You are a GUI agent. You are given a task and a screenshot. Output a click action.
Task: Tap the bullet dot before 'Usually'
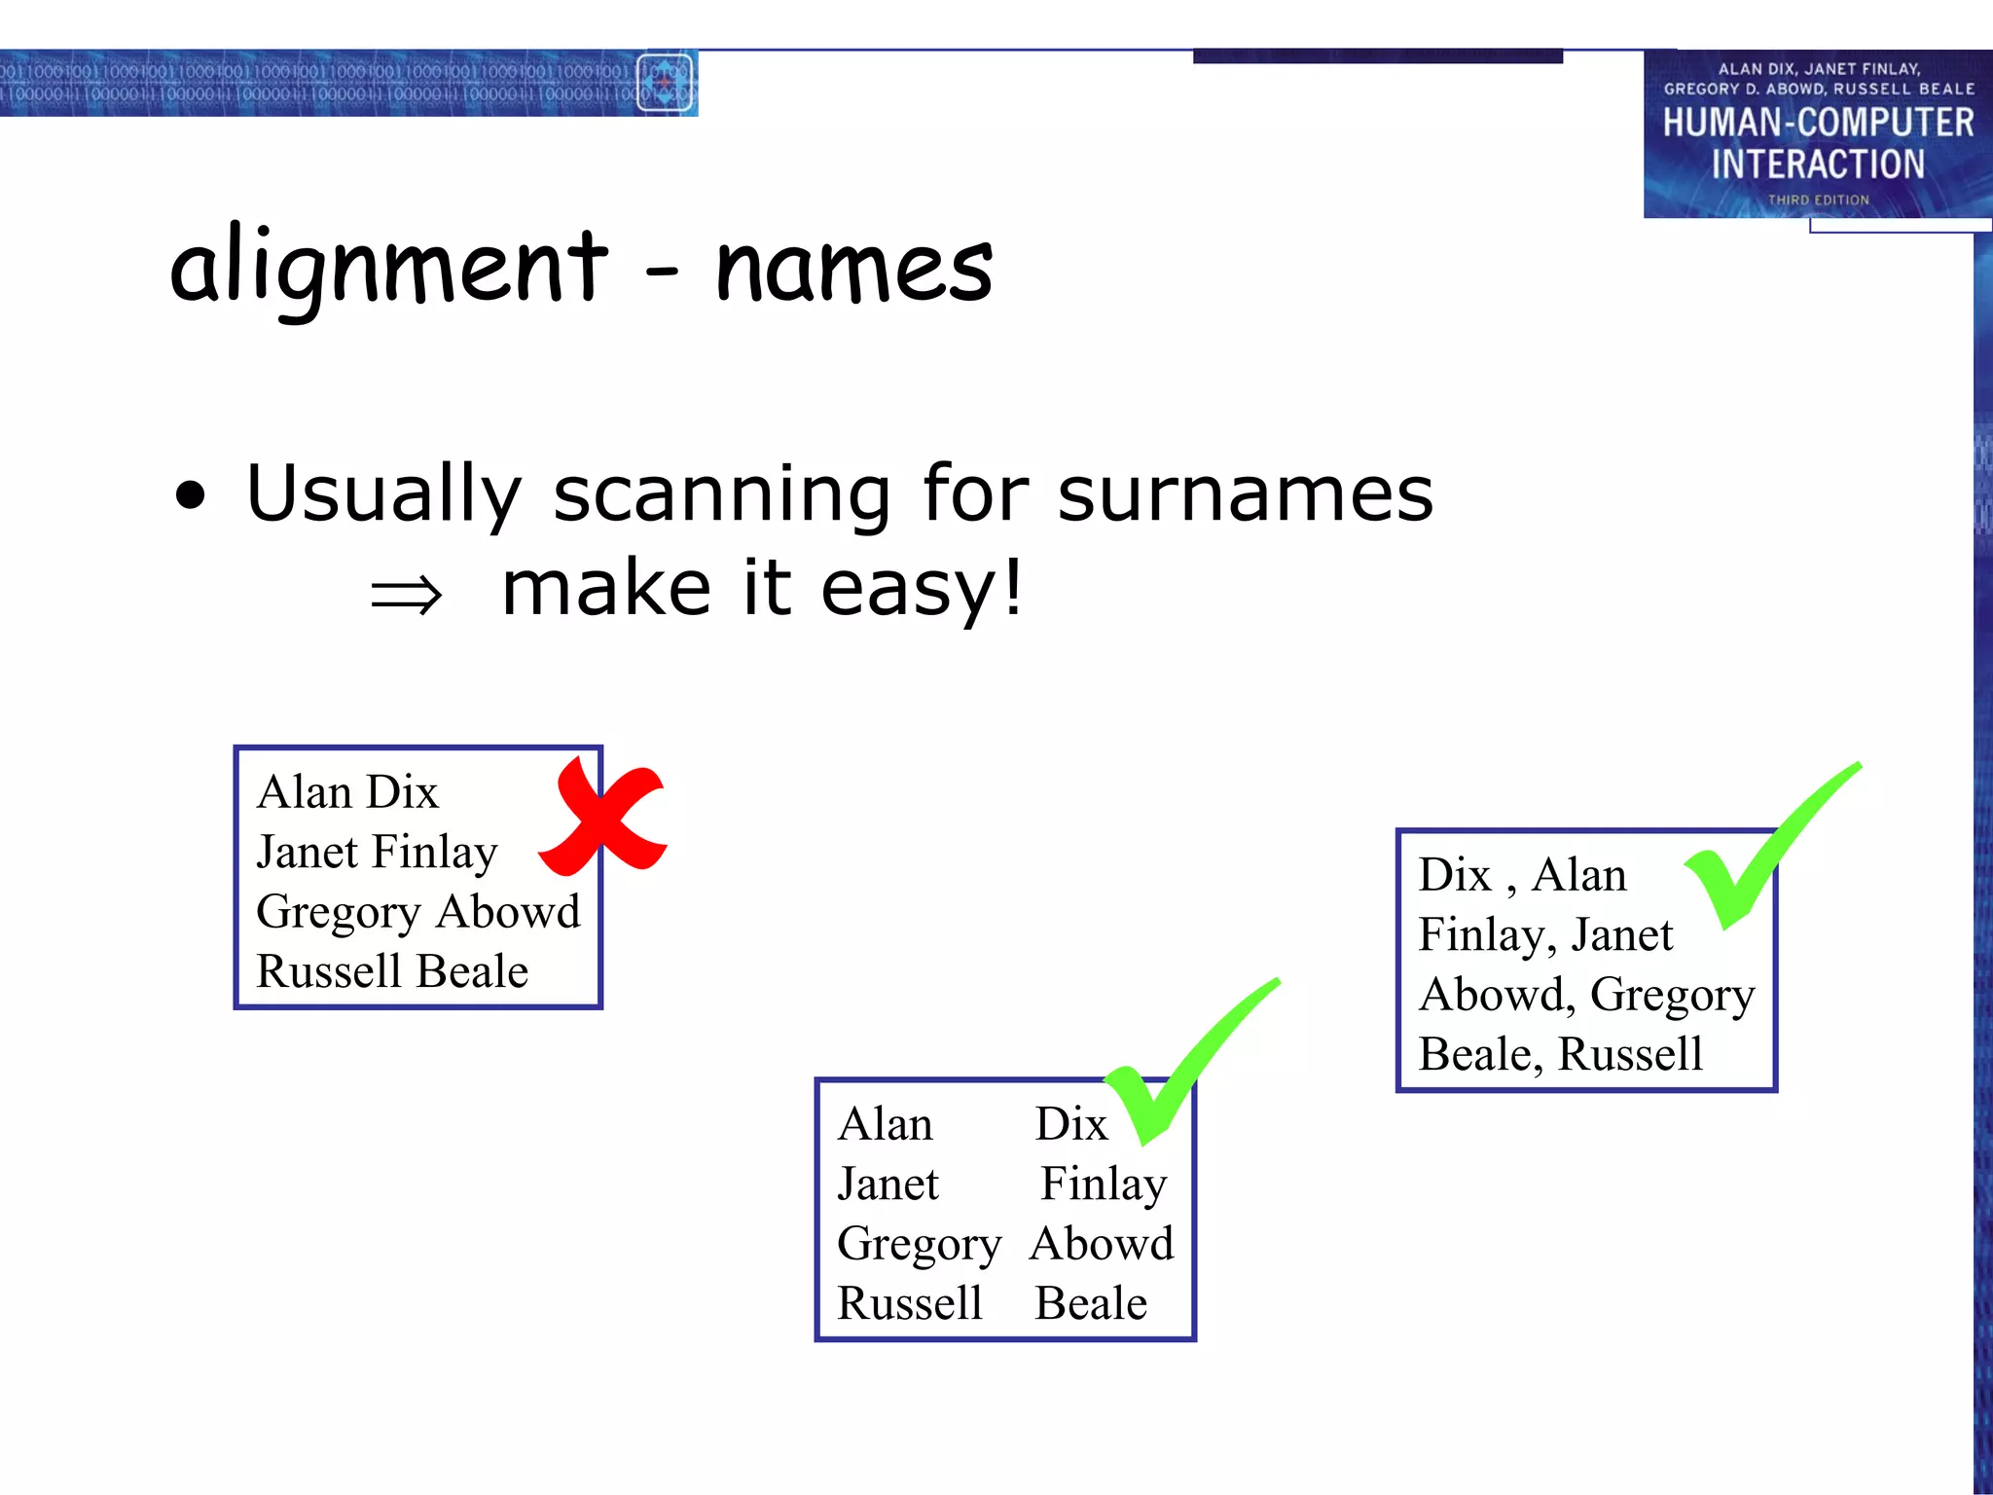coord(192,495)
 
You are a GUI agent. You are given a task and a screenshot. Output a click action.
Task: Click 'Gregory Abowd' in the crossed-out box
coord(417,912)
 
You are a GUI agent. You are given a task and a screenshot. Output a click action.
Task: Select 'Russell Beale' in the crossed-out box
coord(392,971)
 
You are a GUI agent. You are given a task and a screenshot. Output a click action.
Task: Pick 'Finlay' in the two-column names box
coord(1103,1185)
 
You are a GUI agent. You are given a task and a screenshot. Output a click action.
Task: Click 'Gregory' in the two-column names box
coord(919,1245)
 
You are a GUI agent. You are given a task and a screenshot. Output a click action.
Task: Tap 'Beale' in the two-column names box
coord(1091,1303)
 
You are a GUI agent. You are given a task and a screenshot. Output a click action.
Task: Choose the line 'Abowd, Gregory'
coord(1586,995)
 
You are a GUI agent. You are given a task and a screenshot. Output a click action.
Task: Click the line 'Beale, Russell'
coord(1561,1054)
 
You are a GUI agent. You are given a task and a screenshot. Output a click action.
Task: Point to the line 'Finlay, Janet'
coord(1545,935)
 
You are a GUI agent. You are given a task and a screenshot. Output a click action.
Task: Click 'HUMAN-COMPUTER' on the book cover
coord(1818,123)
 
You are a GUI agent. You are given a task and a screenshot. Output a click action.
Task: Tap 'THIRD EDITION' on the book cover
coord(1818,200)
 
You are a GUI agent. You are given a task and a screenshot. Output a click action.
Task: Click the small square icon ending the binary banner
coord(665,82)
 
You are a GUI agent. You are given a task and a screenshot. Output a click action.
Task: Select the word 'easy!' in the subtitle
coord(921,589)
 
